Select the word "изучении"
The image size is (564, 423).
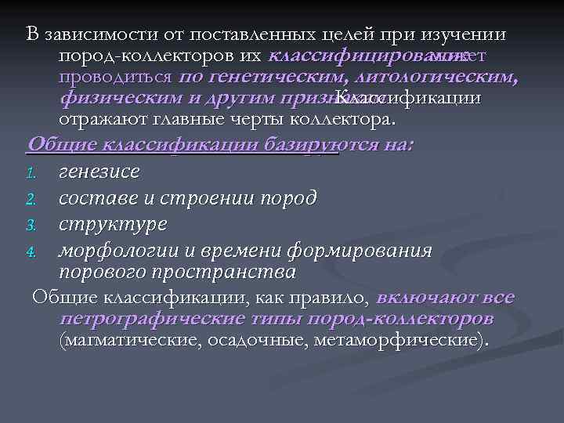[x=467, y=35]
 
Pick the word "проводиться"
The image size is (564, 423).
[x=115, y=78]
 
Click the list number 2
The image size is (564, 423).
[x=31, y=197]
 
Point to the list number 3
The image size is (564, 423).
[x=31, y=225]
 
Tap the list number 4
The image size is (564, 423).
[x=31, y=252]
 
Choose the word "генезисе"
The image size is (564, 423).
[x=99, y=170]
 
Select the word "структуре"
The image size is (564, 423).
[x=113, y=224]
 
